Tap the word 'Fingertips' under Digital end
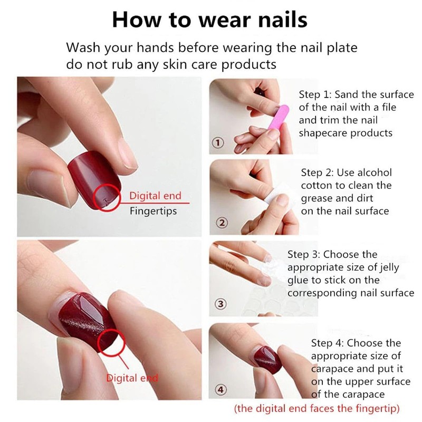pos(153,211)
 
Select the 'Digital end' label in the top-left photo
pos(155,196)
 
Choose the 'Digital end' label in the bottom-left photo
pos(132,378)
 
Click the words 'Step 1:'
pos(315,95)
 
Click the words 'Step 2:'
pos(318,173)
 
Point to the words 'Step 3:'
pos(304,255)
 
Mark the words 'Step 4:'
pos(328,344)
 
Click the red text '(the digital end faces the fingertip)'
pos(316,408)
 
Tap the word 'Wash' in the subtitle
pos(82,47)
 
